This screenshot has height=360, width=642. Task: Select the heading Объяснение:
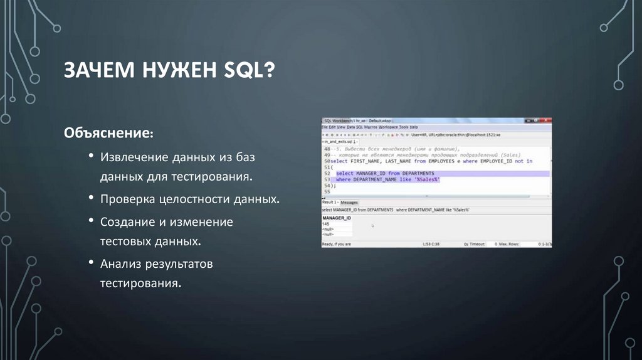click(109, 134)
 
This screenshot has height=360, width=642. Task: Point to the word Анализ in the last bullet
click(119, 264)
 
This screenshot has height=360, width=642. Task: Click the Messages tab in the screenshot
click(349, 203)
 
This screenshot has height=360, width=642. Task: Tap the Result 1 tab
click(330, 203)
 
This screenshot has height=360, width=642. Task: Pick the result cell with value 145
click(325, 224)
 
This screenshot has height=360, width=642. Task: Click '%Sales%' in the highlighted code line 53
click(426, 179)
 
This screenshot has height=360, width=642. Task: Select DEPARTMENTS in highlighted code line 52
click(418, 173)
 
